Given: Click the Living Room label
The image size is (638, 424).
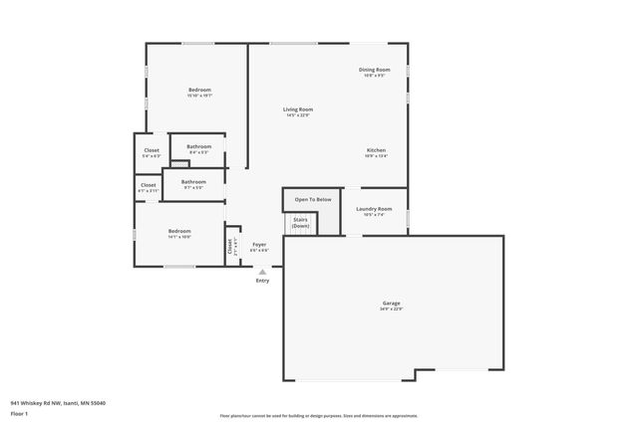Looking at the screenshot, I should point(298,109).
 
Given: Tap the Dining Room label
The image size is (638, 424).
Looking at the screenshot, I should point(375,70).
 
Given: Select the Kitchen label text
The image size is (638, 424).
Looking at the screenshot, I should point(376,150).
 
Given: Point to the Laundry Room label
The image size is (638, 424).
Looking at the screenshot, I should point(375,209).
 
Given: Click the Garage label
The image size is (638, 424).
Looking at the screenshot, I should point(391,303).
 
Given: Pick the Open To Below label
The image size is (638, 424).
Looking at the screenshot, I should point(312,199).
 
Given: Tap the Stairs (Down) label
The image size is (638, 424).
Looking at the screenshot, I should point(300,224).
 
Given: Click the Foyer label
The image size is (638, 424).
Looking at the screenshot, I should point(259,244).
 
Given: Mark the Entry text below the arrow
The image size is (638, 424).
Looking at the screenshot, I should point(262,281).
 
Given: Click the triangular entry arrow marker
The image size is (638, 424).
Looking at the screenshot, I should point(262,271).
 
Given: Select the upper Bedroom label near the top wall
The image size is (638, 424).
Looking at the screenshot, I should point(199,90).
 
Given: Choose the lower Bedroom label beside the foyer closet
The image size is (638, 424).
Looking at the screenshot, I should point(179,231).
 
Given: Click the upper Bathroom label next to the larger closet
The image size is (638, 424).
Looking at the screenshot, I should point(198,147).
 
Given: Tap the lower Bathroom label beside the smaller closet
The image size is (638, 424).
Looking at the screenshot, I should point(193,181).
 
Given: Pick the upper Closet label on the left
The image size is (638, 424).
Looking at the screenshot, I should point(152,150).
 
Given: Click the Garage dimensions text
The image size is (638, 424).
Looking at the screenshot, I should point(391,309).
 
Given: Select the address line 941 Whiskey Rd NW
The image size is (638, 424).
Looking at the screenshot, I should point(58,402).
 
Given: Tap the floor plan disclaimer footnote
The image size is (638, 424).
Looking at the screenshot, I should point(319,416).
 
